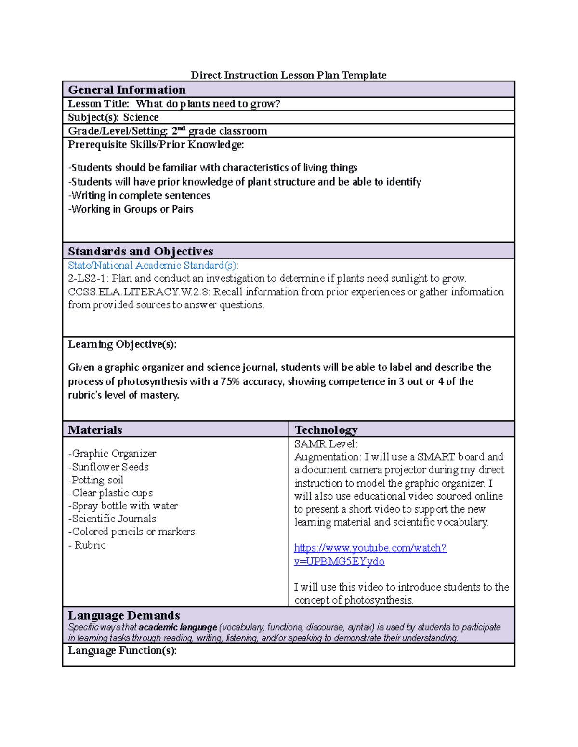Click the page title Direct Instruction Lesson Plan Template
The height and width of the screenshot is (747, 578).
tap(289, 75)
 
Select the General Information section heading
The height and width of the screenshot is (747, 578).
tap(127, 90)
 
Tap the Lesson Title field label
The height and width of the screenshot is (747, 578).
tap(99, 104)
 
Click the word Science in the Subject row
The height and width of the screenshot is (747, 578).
tap(141, 117)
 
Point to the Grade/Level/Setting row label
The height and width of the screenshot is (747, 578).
tap(118, 131)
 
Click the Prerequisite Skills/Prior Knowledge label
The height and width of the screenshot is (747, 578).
tap(156, 145)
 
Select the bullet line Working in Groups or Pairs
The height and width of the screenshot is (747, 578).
tap(131, 209)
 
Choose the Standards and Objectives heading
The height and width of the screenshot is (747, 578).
tap(141, 251)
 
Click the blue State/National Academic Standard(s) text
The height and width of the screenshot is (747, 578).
tap(153, 266)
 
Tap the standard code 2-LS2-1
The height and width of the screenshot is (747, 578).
tap(88, 279)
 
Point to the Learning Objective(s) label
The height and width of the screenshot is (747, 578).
tap(122, 344)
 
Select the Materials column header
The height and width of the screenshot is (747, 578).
tap(95, 430)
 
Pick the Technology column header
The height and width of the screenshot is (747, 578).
tap(326, 430)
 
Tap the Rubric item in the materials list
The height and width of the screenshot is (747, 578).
tap(89, 545)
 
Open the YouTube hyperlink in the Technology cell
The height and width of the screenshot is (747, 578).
tap(370, 548)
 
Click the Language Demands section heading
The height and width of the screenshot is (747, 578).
tap(124, 616)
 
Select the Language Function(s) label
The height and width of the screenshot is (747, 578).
tap(122, 651)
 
